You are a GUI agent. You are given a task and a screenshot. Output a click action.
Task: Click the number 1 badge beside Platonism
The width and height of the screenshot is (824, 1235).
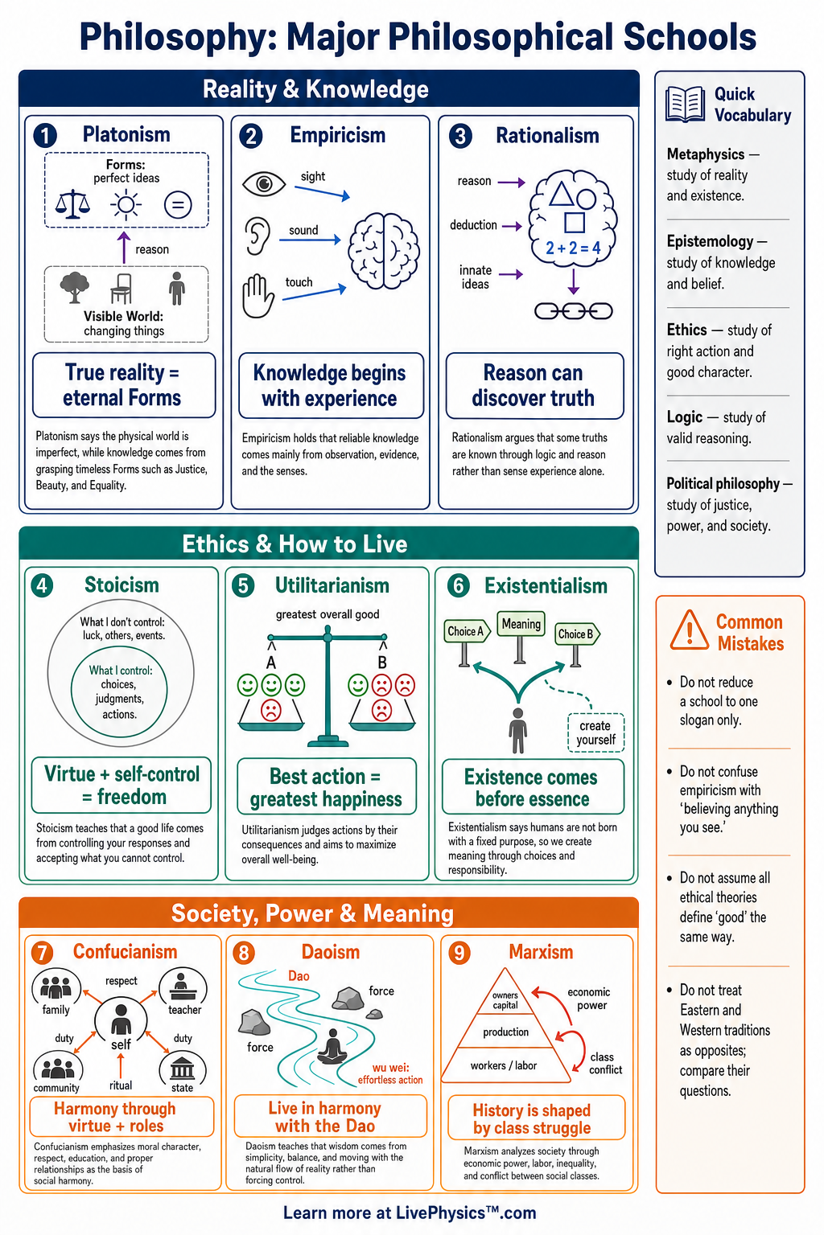tap(45, 136)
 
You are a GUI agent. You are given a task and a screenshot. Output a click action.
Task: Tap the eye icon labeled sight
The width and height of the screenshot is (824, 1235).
tap(264, 183)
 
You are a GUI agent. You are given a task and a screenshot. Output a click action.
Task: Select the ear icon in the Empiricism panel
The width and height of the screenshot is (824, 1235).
tap(257, 236)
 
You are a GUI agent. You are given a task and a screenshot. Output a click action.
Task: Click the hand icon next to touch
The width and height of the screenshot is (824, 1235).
tap(257, 296)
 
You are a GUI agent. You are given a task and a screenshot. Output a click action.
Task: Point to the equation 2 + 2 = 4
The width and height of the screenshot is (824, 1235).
tap(573, 248)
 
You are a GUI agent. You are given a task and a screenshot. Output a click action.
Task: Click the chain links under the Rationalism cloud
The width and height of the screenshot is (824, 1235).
tap(574, 311)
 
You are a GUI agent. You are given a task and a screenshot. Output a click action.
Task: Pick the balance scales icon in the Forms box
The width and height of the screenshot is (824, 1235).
tap(72, 204)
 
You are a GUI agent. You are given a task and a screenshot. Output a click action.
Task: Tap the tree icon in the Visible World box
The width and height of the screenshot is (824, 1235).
tap(75, 287)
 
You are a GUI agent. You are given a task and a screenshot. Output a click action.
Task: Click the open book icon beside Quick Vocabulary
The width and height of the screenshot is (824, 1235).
tap(685, 104)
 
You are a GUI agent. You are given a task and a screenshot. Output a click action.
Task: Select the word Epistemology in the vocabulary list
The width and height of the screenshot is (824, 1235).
tap(710, 241)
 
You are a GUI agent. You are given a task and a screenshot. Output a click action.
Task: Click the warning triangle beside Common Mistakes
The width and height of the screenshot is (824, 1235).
tap(690, 630)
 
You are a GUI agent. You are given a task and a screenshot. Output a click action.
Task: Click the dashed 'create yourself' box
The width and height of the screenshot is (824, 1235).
tap(595, 732)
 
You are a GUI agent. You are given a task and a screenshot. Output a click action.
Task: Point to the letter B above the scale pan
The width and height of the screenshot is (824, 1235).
tap(382, 663)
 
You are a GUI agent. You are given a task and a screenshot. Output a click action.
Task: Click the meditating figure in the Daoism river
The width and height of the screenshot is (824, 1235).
tap(332, 1046)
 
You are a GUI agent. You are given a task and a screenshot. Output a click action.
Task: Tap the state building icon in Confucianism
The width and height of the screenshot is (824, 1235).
tap(182, 1070)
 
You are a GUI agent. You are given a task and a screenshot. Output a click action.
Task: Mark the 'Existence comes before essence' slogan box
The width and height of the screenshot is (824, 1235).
tap(534, 787)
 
